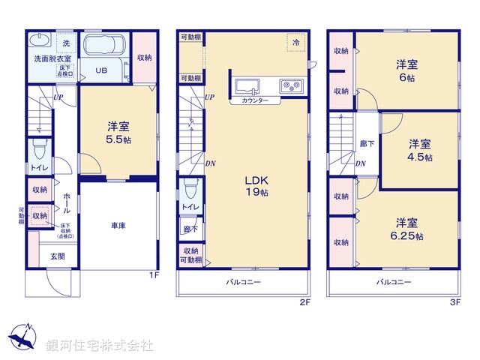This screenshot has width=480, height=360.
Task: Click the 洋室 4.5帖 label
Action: [419, 150]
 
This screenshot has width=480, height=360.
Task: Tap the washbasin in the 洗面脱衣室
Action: [40, 40]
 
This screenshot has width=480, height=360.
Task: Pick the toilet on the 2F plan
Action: [190, 182]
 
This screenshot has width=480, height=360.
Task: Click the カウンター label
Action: [255, 100]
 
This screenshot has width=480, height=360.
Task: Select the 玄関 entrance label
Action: [57, 256]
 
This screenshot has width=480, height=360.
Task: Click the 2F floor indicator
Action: [304, 302]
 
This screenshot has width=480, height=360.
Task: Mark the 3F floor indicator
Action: [454, 302]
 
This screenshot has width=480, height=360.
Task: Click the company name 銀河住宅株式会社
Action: [100, 346]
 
